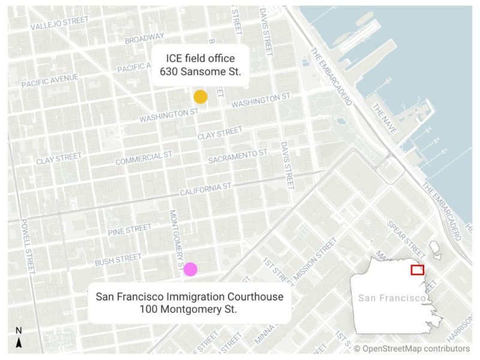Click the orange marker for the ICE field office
[200, 97]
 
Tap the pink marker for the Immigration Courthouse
[191, 269]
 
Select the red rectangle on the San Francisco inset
[418, 270]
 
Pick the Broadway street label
[145, 38]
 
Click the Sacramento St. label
[239, 157]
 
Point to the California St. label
[205, 190]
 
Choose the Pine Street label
[130, 229]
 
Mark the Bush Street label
[118, 260]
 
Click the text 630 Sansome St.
[200, 71]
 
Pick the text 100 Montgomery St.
[189, 310]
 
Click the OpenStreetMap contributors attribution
[412, 348]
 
